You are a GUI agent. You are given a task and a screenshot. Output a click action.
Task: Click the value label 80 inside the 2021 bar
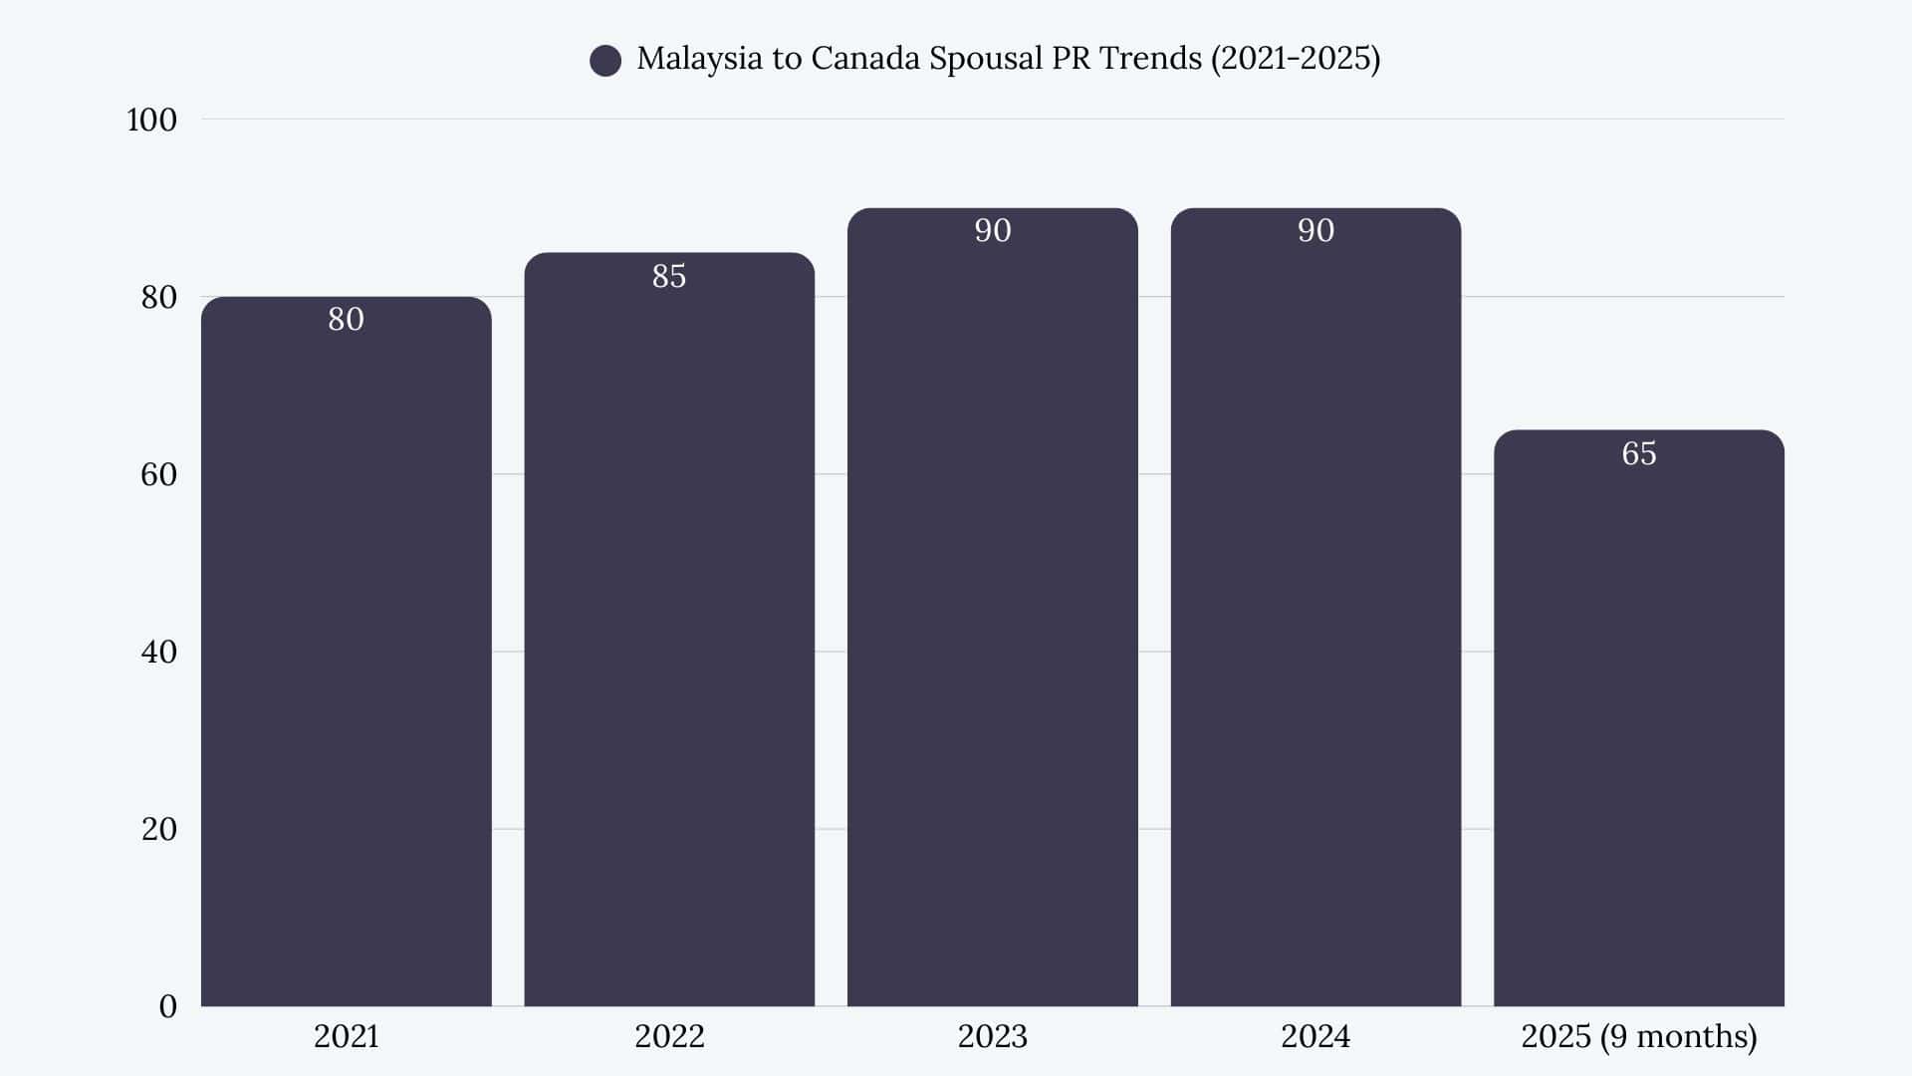click(x=346, y=320)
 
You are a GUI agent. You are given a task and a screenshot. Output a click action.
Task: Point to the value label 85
click(x=669, y=276)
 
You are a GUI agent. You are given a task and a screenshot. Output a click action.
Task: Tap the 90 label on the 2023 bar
click(x=992, y=231)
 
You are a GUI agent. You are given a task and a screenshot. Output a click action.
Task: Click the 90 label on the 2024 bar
click(x=1315, y=231)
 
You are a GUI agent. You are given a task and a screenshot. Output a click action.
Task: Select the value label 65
click(x=1638, y=453)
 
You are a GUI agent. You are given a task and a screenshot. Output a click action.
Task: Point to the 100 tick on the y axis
click(x=151, y=120)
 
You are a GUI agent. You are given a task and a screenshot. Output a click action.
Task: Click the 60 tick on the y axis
click(x=158, y=474)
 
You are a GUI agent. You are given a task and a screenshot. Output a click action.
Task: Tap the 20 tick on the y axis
click(x=158, y=829)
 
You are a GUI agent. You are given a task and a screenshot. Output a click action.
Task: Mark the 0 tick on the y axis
click(x=167, y=1006)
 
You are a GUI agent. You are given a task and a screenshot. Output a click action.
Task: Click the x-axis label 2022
click(x=669, y=1036)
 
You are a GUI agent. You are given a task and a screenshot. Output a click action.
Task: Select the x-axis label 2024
click(x=1315, y=1036)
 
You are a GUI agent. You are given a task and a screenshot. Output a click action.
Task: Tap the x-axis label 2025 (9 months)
click(x=1638, y=1036)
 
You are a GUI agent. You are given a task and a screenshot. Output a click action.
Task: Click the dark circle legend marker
click(x=605, y=61)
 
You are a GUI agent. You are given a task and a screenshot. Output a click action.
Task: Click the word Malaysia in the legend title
click(x=699, y=59)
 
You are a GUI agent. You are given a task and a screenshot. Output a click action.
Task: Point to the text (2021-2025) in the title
click(x=1295, y=59)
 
